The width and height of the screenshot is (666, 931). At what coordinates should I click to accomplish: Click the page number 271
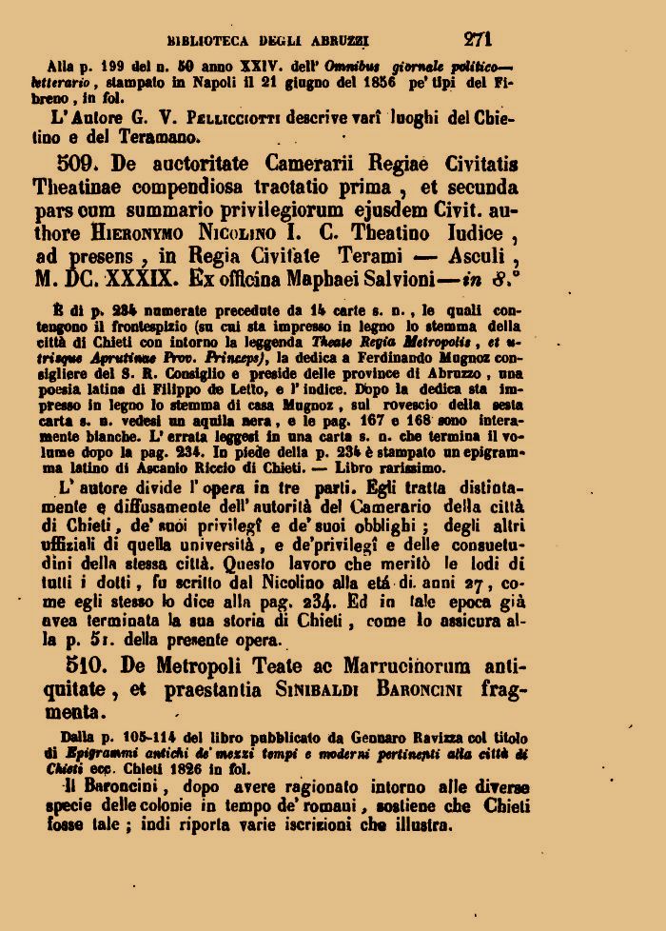tap(478, 39)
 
